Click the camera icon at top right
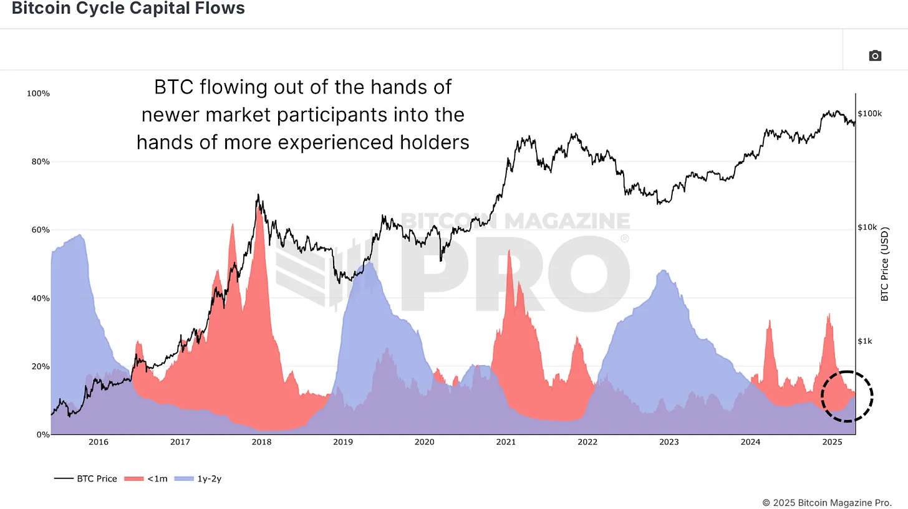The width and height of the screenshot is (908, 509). tap(875, 56)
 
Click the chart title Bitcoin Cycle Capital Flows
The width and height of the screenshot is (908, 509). tap(128, 9)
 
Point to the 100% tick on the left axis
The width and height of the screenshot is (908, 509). tap(37, 93)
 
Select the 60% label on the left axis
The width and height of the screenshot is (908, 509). tap(39, 230)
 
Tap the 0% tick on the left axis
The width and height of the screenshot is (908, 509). tap(42, 434)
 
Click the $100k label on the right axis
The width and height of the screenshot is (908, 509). tap(869, 114)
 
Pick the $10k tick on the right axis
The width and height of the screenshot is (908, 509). tap(867, 227)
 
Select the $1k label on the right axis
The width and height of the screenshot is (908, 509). tap(865, 341)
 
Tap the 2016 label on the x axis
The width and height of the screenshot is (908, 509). tap(99, 442)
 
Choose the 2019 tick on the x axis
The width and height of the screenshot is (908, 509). tap(343, 442)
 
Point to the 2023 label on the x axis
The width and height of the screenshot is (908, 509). tap(669, 442)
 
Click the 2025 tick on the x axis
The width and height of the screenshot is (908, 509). tap(832, 442)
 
